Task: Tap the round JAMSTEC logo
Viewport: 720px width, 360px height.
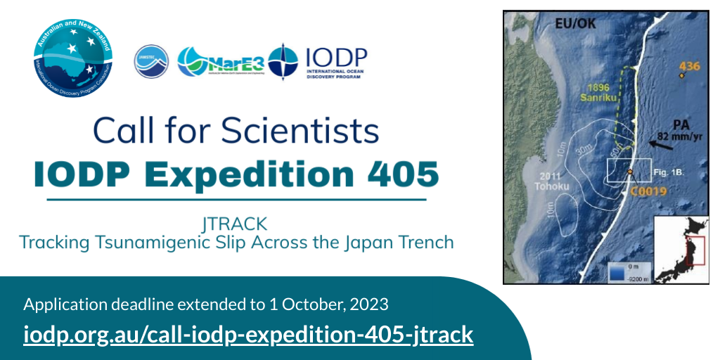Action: [x=151, y=62]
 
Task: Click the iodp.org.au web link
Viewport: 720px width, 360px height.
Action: [x=248, y=335]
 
